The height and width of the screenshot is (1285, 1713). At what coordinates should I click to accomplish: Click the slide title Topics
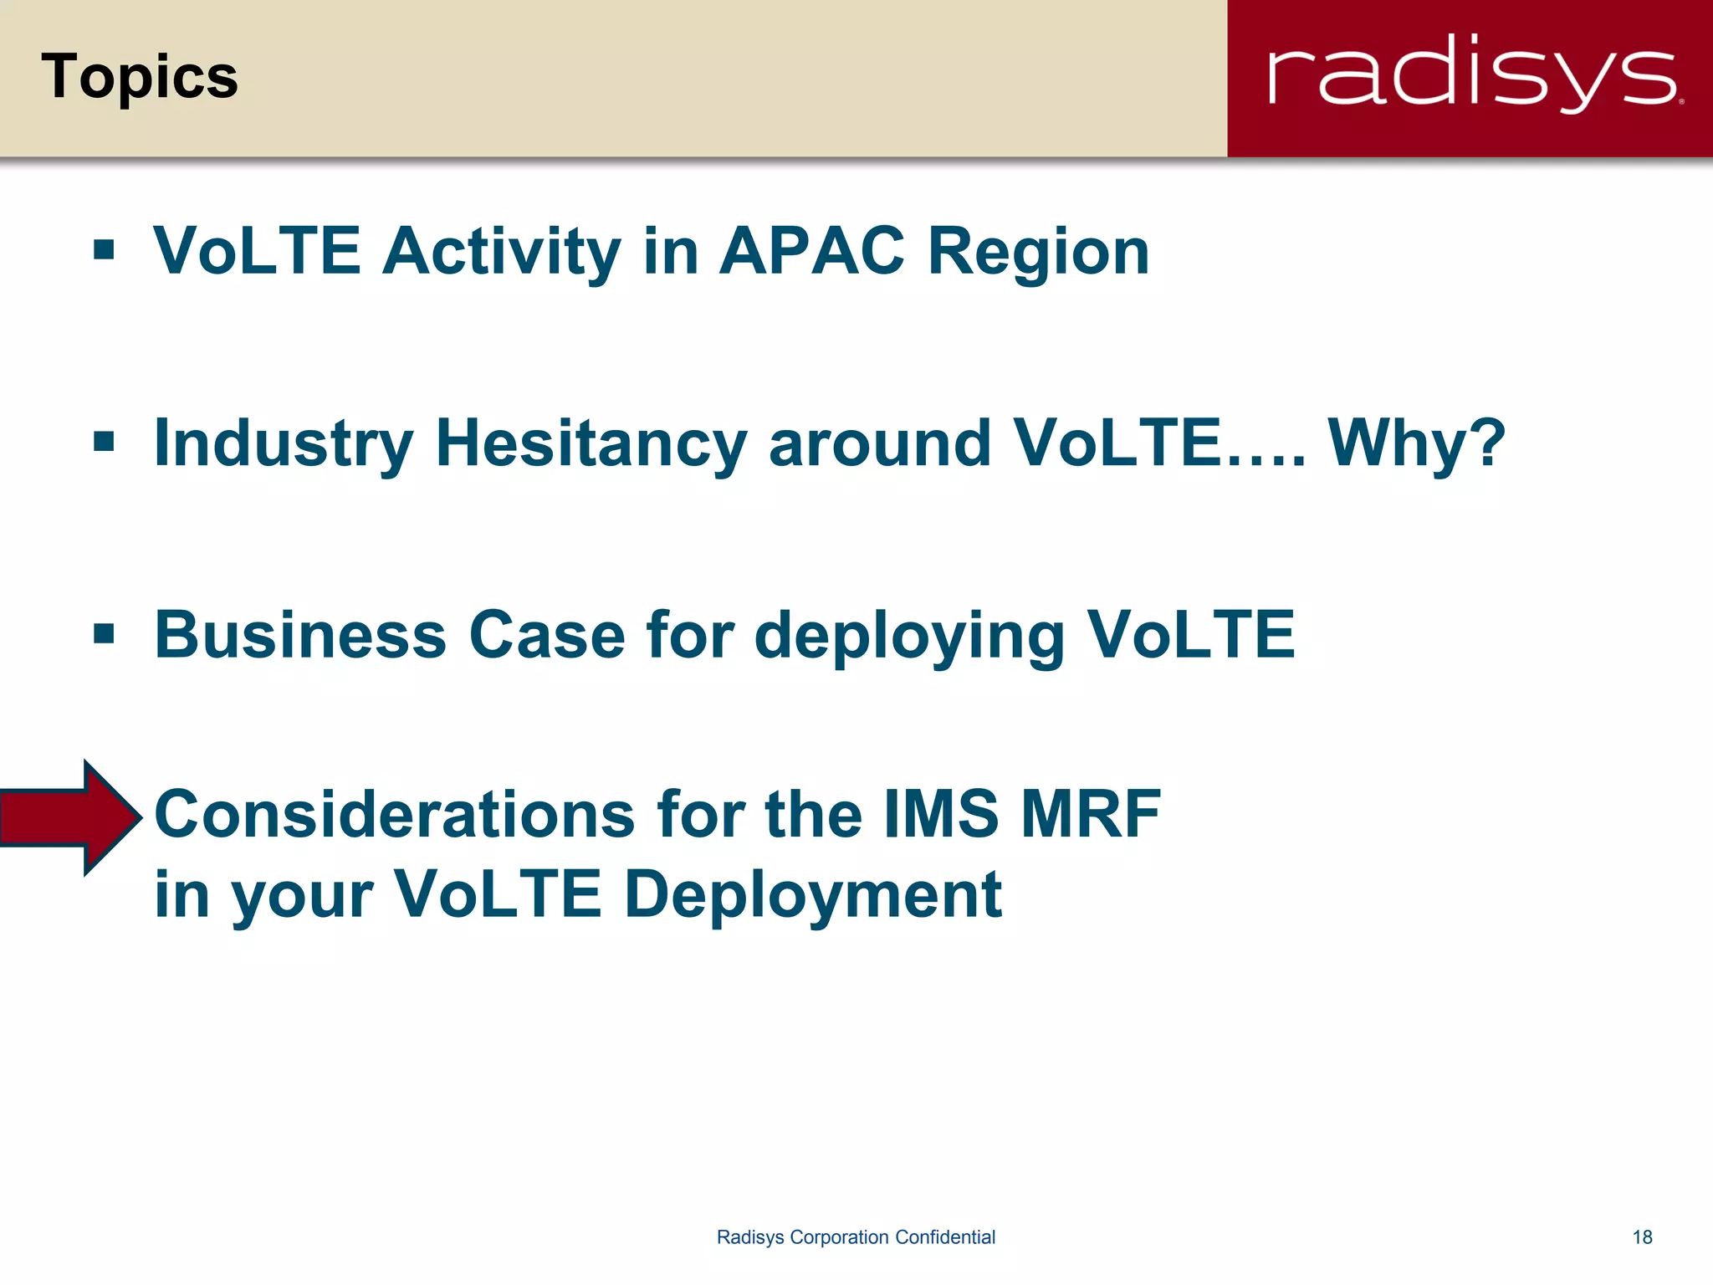[140, 77]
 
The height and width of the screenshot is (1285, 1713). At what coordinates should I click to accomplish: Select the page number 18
[1642, 1237]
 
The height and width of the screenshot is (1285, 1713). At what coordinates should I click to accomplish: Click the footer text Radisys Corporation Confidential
[856, 1237]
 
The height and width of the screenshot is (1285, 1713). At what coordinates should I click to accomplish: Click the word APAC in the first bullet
[811, 251]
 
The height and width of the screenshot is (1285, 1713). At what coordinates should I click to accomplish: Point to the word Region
[1039, 253]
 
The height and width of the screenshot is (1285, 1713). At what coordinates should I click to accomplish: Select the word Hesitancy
[591, 443]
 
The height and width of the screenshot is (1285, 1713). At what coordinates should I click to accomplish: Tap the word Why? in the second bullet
[1416, 443]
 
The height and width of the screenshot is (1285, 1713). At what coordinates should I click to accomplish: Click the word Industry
[284, 445]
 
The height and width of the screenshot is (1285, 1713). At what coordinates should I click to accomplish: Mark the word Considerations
[395, 814]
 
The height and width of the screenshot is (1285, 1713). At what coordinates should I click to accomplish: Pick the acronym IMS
[941, 814]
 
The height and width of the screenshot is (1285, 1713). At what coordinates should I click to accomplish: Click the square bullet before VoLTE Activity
[104, 249]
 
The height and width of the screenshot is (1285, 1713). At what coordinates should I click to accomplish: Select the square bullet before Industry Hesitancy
[104, 441]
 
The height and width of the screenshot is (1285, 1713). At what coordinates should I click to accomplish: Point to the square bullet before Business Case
[104, 632]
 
